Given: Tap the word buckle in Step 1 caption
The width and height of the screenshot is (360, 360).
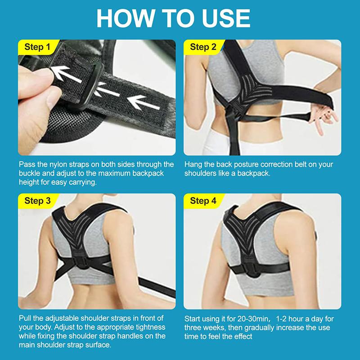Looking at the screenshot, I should point(31,173).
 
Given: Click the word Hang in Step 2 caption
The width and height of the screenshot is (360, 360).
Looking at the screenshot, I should point(192,165).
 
